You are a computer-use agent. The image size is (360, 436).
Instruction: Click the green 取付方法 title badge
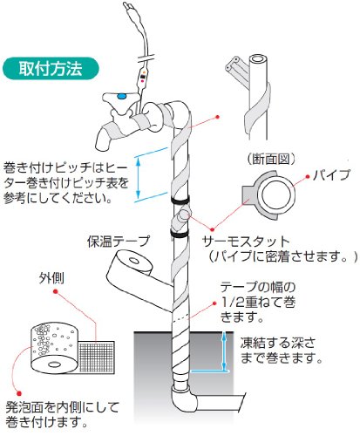point(51,69)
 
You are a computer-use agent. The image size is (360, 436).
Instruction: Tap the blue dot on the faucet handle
point(121,96)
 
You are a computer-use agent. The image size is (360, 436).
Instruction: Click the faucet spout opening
point(102,144)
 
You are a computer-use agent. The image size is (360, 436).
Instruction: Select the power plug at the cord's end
point(129,7)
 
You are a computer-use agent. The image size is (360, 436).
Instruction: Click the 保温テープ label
point(119,242)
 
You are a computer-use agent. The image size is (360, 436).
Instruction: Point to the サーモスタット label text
point(246,242)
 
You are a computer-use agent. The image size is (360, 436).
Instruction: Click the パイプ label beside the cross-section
point(331,175)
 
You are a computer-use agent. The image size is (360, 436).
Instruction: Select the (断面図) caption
point(271,159)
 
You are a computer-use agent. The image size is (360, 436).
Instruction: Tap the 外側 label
point(51,278)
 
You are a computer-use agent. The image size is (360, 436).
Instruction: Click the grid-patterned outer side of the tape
point(97,357)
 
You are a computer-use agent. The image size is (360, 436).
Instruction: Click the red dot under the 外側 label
point(55,291)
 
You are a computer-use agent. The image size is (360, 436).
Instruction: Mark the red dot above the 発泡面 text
point(19,394)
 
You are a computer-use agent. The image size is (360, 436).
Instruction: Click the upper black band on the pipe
point(180,201)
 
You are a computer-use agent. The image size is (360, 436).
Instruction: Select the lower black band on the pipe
point(179,234)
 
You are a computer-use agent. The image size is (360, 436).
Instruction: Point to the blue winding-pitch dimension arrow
point(139,176)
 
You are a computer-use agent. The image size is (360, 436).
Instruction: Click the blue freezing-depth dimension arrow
point(224,351)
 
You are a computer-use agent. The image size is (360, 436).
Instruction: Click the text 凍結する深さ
point(277,344)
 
